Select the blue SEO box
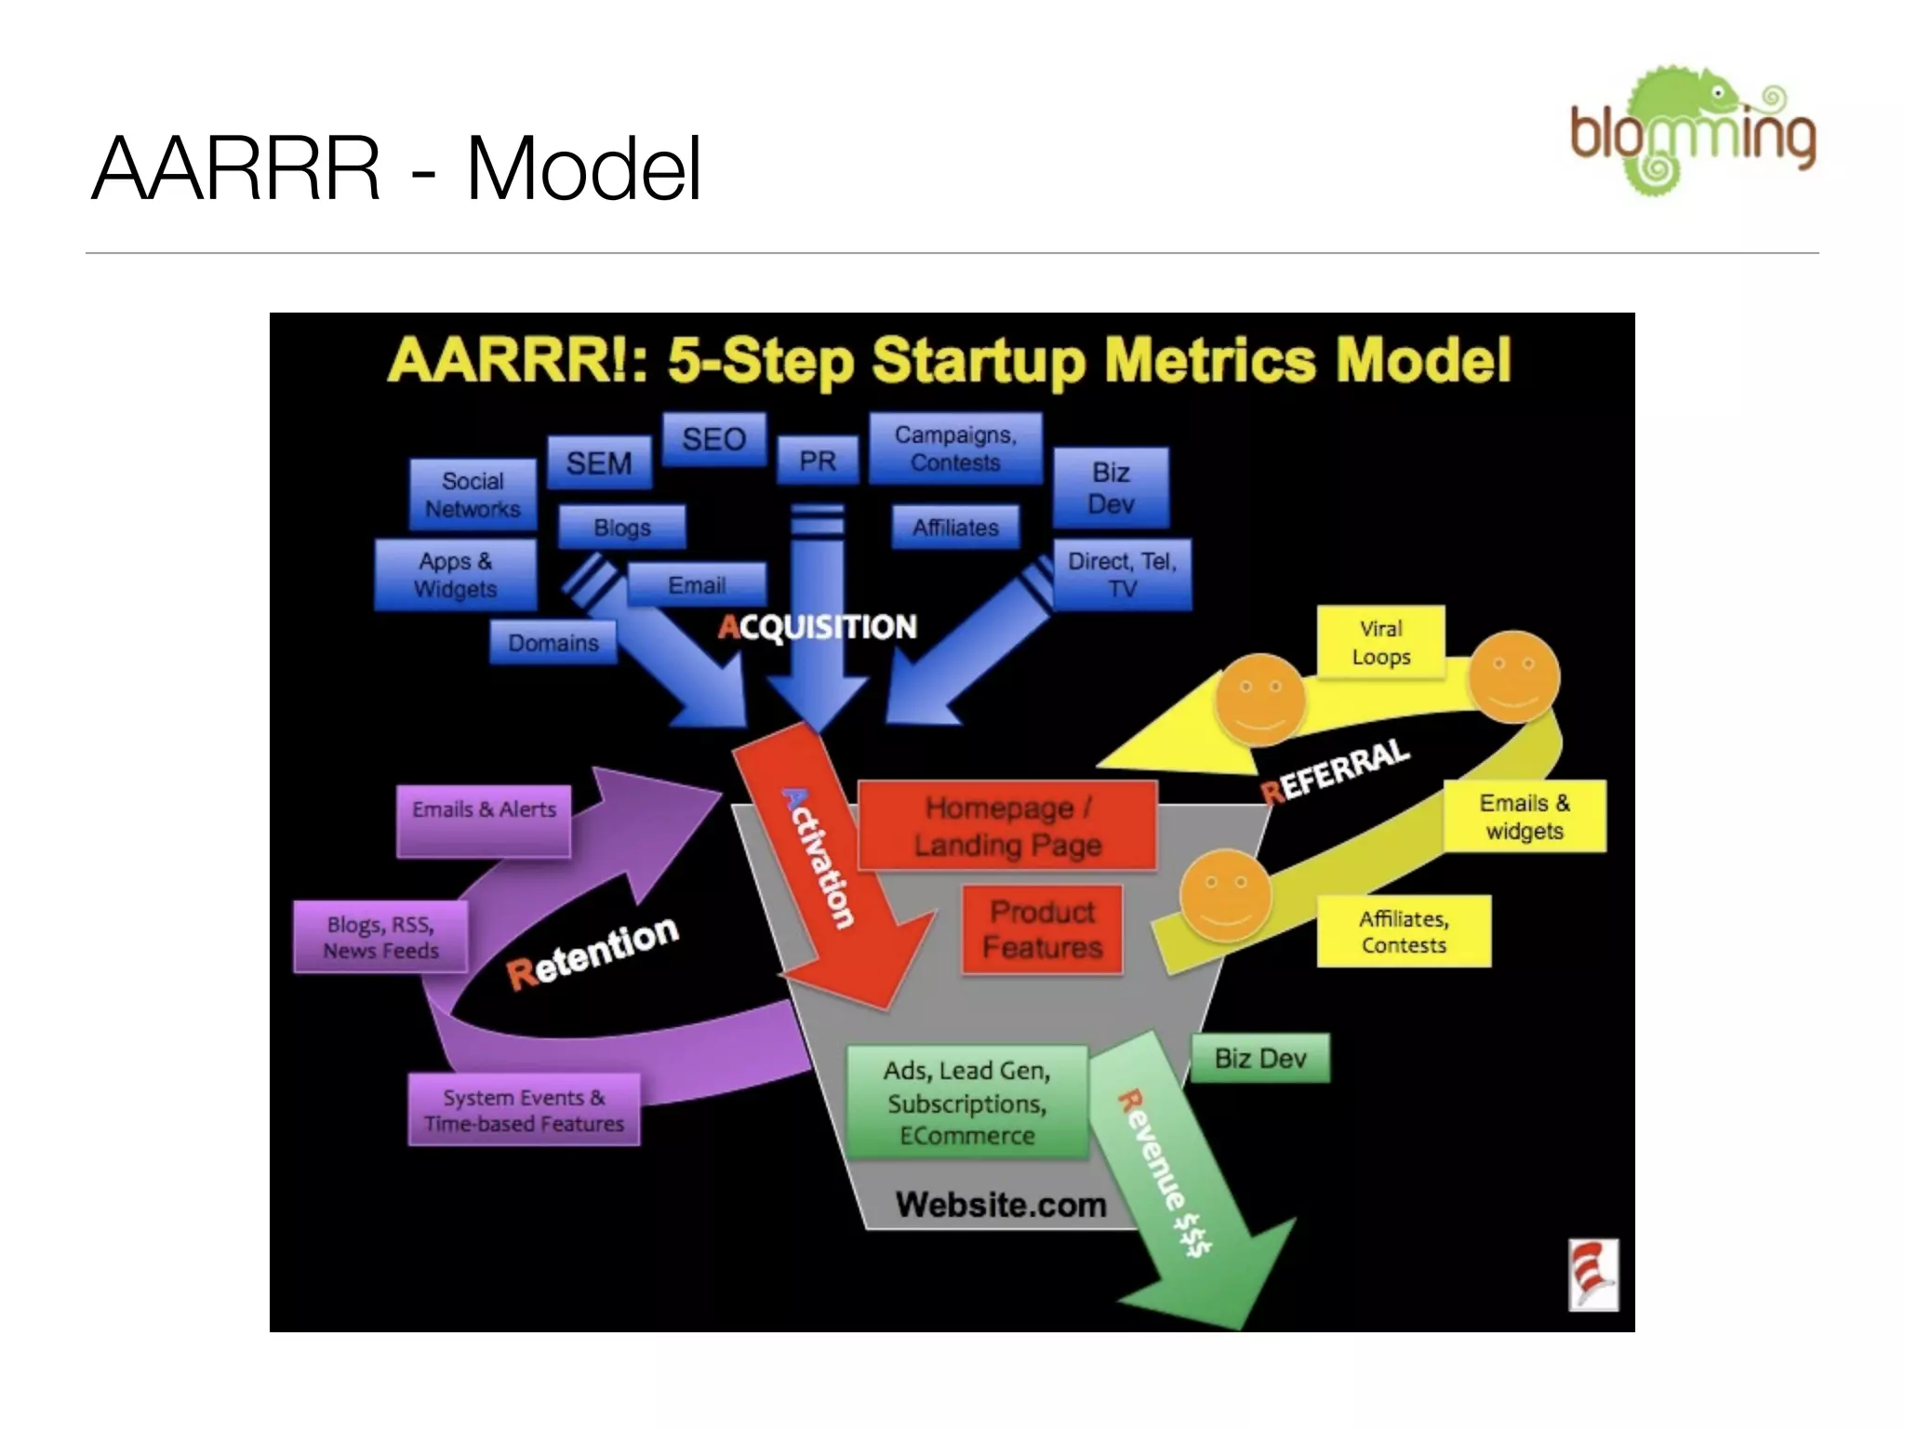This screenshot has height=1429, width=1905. coord(713,439)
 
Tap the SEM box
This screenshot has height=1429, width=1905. coord(599,462)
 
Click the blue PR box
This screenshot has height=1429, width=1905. coord(817,461)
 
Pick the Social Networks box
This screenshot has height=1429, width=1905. coord(473,495)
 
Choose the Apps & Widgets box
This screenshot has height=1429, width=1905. coord(455,575)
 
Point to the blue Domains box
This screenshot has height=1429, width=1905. coord(553,643)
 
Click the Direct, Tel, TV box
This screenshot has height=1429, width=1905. coord(1122,575)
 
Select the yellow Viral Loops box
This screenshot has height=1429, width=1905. coord(1380,643)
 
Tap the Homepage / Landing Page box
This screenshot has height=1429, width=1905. coord(1007,826)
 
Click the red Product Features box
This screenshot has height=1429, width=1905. coord(1042,929)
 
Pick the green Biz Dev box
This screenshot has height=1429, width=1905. coord(1260,1059)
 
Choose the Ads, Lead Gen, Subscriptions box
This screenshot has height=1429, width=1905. coord(966,1102)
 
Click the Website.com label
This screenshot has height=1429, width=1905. coord(1001,1205)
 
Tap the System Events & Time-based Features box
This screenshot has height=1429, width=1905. coord(524,1110)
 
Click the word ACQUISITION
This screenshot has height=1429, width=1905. coord(817,627)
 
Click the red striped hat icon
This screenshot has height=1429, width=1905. coord(1592,1275)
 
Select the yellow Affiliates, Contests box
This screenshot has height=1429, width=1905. coord(1404,931)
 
